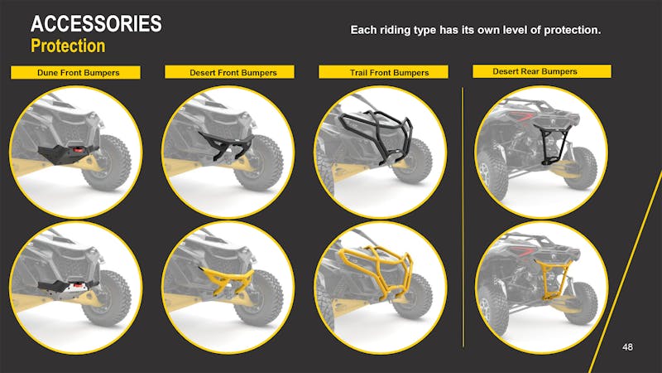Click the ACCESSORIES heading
pyautogui.click(x=96, y=25)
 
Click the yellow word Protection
pyautogui.click(x=68, y=46)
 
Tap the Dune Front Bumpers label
pyautogui.click(x=78, y=73)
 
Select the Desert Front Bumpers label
pyautogui.click(x=233, y=73)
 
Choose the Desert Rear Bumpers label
pyautogui.click(x=535, y=71)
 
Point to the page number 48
pyautogui.click(x=627, y=346)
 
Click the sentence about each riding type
pyautogui.click(x=475, y=31)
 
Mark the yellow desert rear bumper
pyautogui.click(x=548, y=274)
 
